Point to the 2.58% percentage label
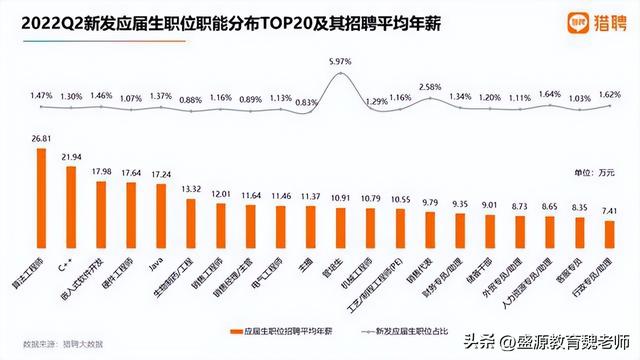(x=429, y=88)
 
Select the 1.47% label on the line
(x=41, y=95)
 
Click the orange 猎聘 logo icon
(x=579, y=19)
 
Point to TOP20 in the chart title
(x=285, y=20)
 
